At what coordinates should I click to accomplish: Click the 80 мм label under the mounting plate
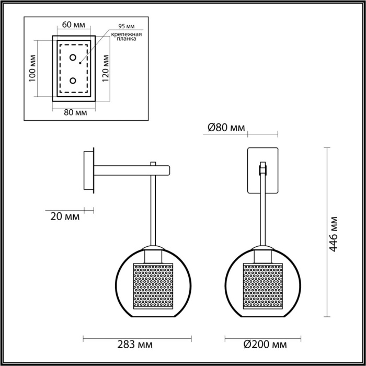(x=74, y=112)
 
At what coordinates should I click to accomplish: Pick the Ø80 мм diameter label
(x=226, y=128)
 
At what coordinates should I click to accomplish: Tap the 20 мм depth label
(x=66, y=215)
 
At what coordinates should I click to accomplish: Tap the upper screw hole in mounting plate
(x=73, y=57)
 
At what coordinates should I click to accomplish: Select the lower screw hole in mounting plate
(x=73, y=81)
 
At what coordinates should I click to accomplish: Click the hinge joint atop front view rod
(x=262, y=169)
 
